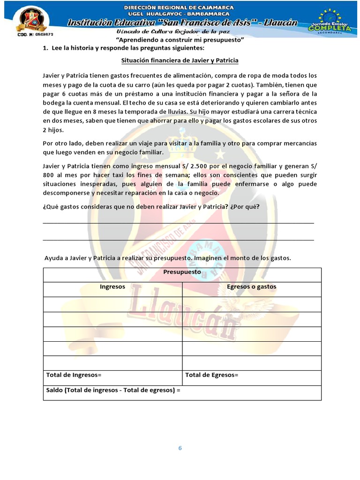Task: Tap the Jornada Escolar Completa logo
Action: [330, 21]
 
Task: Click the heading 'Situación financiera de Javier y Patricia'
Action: [180, 60]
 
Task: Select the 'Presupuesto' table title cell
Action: [182, 272]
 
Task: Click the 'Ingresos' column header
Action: [112, 286]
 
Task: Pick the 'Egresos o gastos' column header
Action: [251, 286]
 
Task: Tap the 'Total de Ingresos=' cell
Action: [74, 375]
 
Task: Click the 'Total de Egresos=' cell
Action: [212, 375]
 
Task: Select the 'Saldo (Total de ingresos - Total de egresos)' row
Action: [113, 390]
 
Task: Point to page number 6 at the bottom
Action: [180, 448]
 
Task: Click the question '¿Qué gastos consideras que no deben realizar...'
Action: [151, 207]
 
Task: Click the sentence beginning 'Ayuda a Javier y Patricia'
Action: [167, 258]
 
